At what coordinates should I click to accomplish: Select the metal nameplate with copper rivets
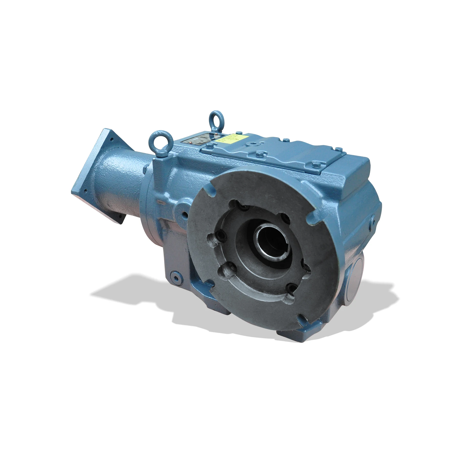(x=199, y=141)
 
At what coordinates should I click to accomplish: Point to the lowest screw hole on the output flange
(x=290, y=288)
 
